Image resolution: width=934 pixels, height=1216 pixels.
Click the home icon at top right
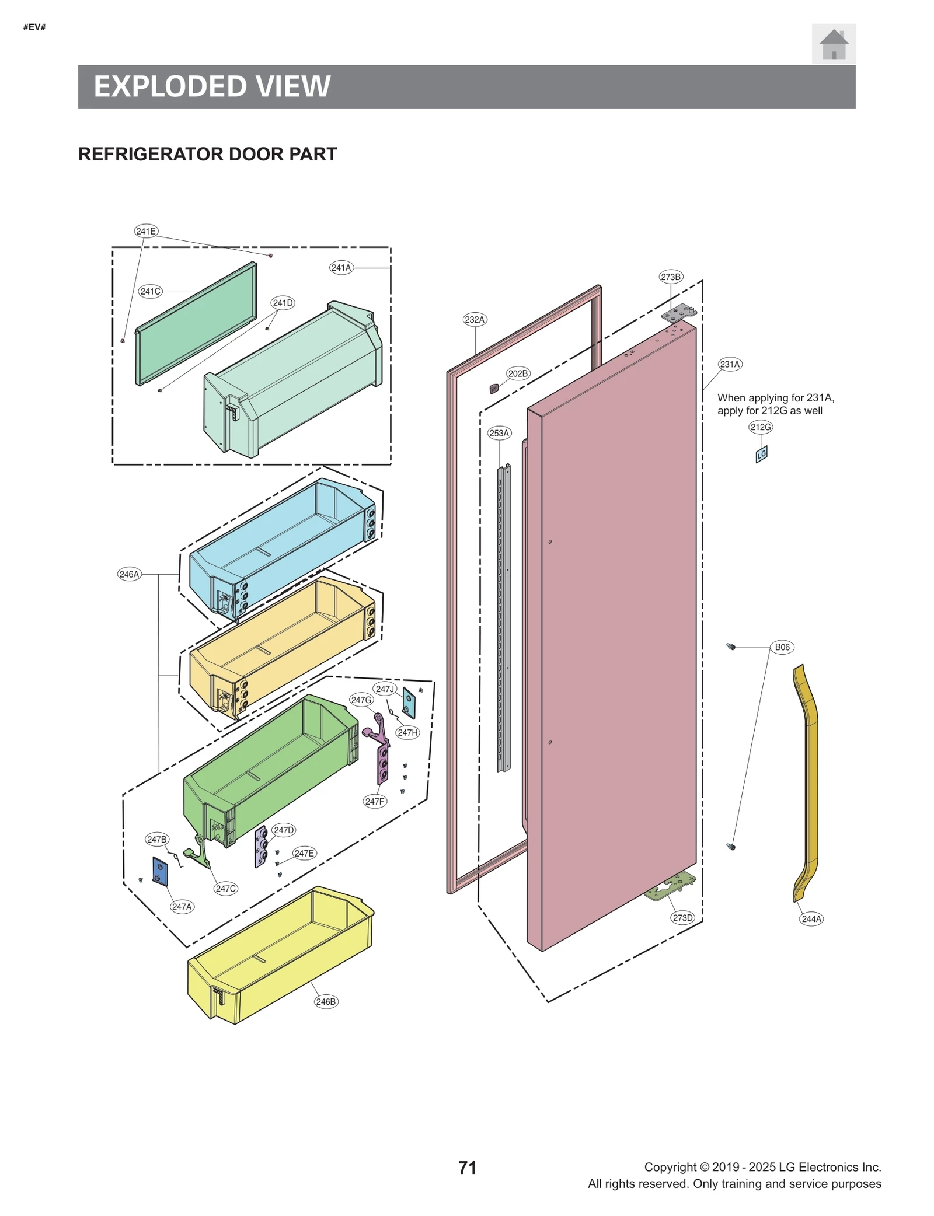833,44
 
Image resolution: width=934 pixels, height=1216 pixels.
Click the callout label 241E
145,231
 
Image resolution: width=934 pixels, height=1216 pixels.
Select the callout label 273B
670,277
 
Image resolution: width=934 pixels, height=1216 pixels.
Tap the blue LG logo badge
761,454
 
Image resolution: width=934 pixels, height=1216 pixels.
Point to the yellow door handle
808,782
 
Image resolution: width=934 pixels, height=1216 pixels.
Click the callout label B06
782,647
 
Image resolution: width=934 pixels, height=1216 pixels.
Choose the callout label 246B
326,1001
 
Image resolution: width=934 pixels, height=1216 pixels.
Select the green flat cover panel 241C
196,324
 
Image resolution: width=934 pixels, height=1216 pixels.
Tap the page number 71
467,1168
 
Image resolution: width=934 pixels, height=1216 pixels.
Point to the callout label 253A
499,433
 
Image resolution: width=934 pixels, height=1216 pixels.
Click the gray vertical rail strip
503,619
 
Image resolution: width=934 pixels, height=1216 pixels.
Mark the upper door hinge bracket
678,313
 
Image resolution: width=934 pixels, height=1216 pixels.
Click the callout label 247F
374,801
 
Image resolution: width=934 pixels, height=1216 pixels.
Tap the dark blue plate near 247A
160,872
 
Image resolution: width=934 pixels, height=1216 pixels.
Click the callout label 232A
475,319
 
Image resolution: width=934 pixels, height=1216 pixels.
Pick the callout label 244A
811,919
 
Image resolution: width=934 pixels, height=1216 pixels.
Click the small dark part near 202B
494,389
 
